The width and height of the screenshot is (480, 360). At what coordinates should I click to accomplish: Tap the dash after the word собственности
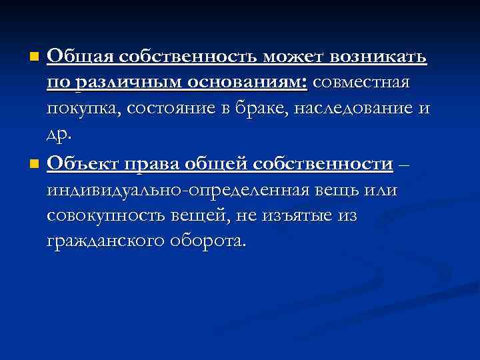[x=405, y=163]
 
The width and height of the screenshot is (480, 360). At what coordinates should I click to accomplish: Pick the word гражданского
[x=101, y=241]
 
